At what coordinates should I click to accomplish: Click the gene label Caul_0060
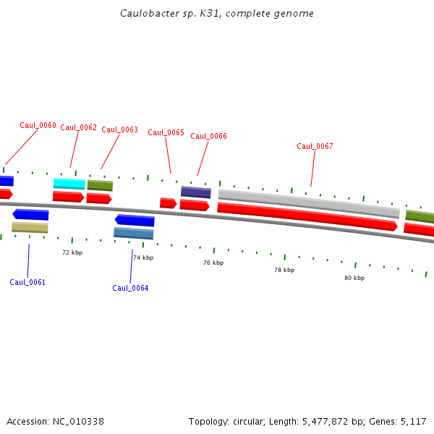tap(38, 125)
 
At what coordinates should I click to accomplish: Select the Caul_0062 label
tap(78, 128)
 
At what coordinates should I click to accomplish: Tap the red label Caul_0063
tap(119, 130)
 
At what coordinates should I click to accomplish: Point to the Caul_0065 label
tap(166, 133)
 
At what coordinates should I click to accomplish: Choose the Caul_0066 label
tap(208, 136)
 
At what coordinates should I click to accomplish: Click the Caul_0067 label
tap(315, 147)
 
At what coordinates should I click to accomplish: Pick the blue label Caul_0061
tap(27, 282)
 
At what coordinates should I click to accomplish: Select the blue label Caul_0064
tap(130, 288)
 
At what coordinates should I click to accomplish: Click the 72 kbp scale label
tap(72, 252)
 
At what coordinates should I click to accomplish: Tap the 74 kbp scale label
tap(143, 258)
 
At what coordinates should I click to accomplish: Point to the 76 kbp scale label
tap(213, 263)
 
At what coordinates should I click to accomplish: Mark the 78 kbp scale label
tap(284, 270)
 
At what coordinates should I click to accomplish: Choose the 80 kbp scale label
tap(354, 278)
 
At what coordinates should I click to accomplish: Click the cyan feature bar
tap(69, 184)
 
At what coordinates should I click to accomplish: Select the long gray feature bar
tap(309, 203)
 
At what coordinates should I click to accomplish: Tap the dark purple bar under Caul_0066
tap(195, 192)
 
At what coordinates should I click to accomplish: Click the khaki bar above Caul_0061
tap(30, 227)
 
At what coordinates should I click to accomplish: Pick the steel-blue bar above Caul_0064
tap(133, 233)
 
